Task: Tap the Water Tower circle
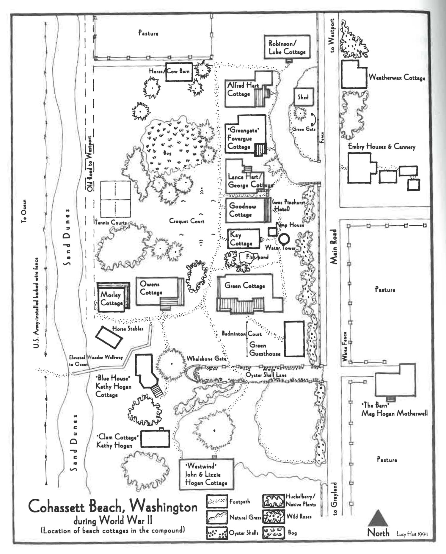point(284,238)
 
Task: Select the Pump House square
point(272,232)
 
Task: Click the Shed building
point(303,97)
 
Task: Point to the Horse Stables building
point(109,337)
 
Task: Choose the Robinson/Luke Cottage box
point(287,47)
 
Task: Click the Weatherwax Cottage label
point(397,78)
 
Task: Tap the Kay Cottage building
point(244,239)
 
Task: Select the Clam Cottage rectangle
point(155,439)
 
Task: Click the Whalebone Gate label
point(206,359)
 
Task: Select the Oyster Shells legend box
point(217,533)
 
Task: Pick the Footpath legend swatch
point(217,502)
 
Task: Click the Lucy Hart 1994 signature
point(412,534)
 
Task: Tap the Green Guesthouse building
point(294,339)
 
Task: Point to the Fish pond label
point(257,257)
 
